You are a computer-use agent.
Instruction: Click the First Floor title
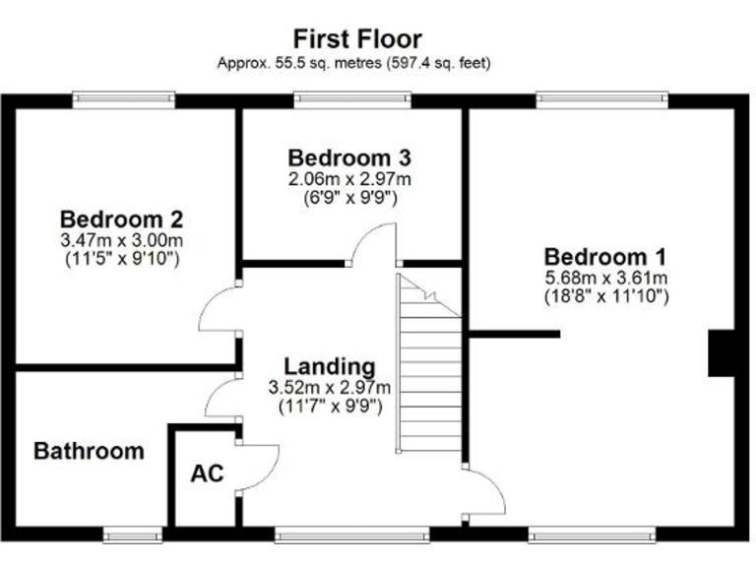(357, 38)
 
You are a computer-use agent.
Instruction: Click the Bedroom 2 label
(122, 219)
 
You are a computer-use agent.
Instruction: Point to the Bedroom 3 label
(349, 157)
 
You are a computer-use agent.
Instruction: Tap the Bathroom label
(89, 452)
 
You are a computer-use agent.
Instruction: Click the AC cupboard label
(207, 473)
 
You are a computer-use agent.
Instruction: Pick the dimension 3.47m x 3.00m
(122, 240)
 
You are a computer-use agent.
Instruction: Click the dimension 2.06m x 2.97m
(349, 179)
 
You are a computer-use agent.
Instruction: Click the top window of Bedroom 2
(124, 99)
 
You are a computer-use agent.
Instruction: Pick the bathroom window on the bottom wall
(133, 535)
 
